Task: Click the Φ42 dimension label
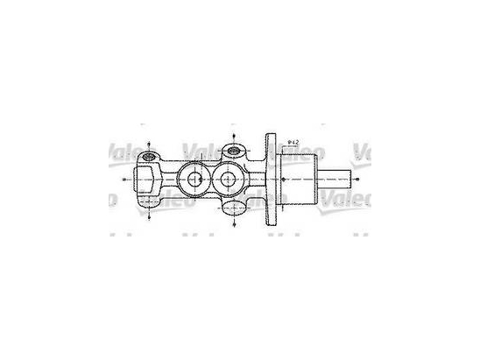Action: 293,142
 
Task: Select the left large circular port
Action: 192,180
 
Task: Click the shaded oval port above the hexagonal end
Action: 149,158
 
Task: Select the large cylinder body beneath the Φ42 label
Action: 299,180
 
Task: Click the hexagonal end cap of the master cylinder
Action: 145,180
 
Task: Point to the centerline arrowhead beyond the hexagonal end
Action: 124,180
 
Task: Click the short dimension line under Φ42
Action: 293,148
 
